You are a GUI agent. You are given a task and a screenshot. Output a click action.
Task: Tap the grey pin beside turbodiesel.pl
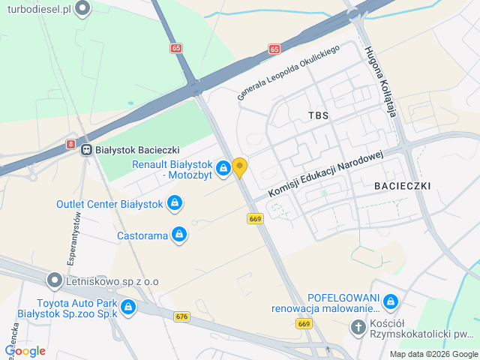click(x=83, y=8)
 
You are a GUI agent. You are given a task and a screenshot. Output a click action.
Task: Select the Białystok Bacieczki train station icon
click(x=87, y=149)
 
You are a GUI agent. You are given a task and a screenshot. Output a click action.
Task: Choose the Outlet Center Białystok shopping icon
click(x=174, y=203)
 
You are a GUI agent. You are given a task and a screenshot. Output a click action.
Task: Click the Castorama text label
click(x=142, y=235)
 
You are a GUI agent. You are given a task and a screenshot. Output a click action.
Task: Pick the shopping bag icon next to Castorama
click(x=178, y=235)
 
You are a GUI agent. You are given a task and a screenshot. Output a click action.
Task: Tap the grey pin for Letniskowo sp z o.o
click(x=54, y=280)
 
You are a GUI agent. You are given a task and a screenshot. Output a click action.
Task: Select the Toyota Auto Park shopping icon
click(x=128, y=307)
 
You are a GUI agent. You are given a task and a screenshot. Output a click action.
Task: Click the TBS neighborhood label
click(x=319, y=115)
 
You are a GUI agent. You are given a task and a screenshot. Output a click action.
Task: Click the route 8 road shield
click(x=70, y=143)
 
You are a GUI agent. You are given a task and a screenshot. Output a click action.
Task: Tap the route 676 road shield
click(x=181, y=317)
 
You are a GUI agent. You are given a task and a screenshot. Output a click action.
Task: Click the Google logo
click(x=25, y=350)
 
